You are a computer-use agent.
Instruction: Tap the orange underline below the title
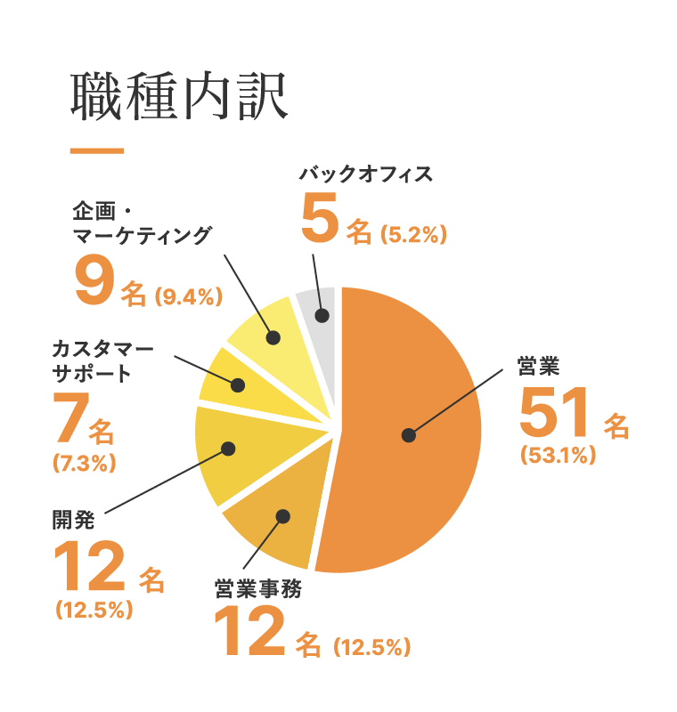[x=96, y=151]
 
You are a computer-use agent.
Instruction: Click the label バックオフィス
[x=367, y=174]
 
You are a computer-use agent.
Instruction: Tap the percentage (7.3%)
[x=85, y=463]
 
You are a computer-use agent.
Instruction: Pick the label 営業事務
[x=258, y=589]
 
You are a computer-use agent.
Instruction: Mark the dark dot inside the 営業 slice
[x=408, y=435]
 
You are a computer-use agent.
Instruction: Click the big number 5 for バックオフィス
[x=320, y=220]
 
